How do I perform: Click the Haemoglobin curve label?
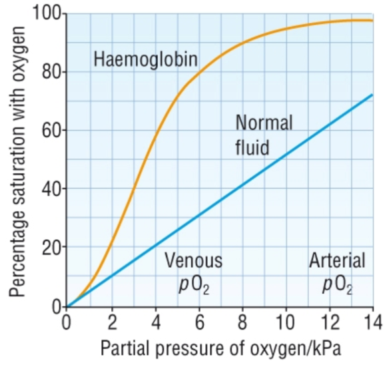click(x=145, y=60)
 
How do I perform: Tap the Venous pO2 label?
click(x=193, y=272)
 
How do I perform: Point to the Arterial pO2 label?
click(x=337, y=272)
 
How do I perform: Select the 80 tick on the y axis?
click(x=51, y=72)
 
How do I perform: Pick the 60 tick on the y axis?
click(x=51, y=131)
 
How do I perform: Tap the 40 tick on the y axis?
click(x=51, y=189)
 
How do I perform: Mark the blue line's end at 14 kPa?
click(x=372, y=95)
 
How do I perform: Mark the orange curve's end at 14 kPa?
click(x=372, y=21)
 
